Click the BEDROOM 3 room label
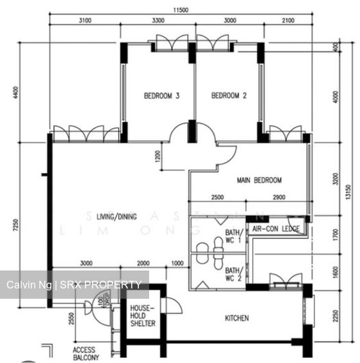(161, 96)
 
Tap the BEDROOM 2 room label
(230, 96)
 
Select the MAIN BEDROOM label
(259, 181)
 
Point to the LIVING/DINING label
(117, 217)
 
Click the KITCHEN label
(237, 318)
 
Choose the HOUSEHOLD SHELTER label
(142, 317)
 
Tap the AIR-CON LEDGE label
(276, 229)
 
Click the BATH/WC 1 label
(233, 236)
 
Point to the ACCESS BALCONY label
(84, 354)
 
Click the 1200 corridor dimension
(157, 156)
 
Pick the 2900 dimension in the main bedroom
(279, 197)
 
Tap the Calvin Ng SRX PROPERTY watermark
(74, 285)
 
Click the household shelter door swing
(172, 305)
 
